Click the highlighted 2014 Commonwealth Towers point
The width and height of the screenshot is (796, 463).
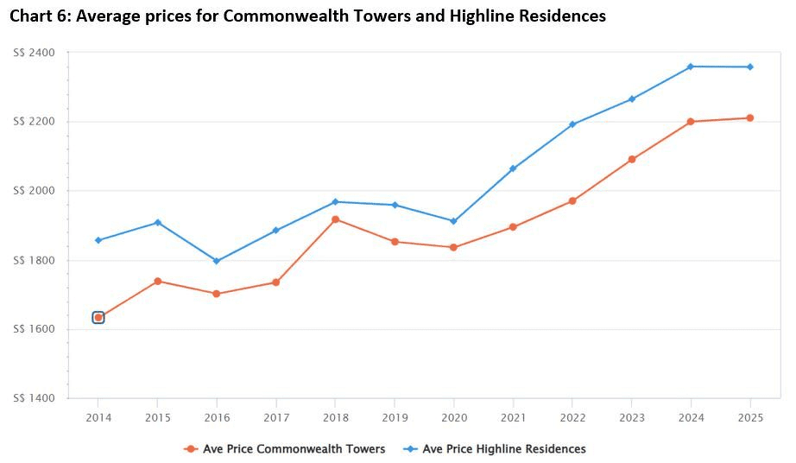point(98,318)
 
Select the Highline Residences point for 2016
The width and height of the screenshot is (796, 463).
point(217,261)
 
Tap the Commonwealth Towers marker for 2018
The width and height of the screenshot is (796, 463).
point(335,219)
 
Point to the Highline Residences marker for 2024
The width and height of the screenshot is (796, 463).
point(691,67)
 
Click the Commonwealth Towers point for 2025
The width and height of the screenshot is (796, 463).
point(750,118)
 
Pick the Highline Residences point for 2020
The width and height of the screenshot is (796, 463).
point(453,221)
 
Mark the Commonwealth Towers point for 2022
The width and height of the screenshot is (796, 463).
point(572,201)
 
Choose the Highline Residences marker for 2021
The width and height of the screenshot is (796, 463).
point(513,168)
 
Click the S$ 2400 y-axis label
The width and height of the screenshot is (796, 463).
point(35,53)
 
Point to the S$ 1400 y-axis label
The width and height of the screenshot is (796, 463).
point(35,398)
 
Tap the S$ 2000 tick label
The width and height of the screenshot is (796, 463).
point(35,191)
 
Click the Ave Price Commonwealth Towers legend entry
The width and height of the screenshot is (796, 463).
point(285,449)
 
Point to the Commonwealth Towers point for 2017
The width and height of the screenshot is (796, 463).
point(276,282)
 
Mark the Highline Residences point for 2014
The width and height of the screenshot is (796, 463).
point(98,240)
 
